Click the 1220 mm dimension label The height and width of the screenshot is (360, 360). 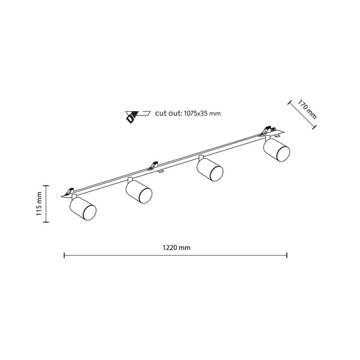click(x=176, y=248)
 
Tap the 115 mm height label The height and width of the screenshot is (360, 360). click(x=39, y=204)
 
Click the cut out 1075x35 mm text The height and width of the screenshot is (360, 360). click(x=188, y=114)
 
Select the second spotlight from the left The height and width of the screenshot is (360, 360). click(x=138, y=193)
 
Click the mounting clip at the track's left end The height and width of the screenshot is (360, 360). click(x=70, y=191)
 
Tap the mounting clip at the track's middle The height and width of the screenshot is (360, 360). click(x=152, y=167)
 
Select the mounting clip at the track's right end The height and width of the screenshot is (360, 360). click(x=265, y=132)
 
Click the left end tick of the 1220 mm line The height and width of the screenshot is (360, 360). click(x=64, y=255)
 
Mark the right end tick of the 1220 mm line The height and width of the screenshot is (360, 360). click(x=287, y=255)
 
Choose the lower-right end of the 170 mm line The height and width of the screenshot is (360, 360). click(x=315, y=131)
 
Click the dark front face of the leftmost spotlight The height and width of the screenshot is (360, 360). click(x=89, y=213)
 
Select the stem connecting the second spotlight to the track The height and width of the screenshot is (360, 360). click(x=129, y=181)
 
